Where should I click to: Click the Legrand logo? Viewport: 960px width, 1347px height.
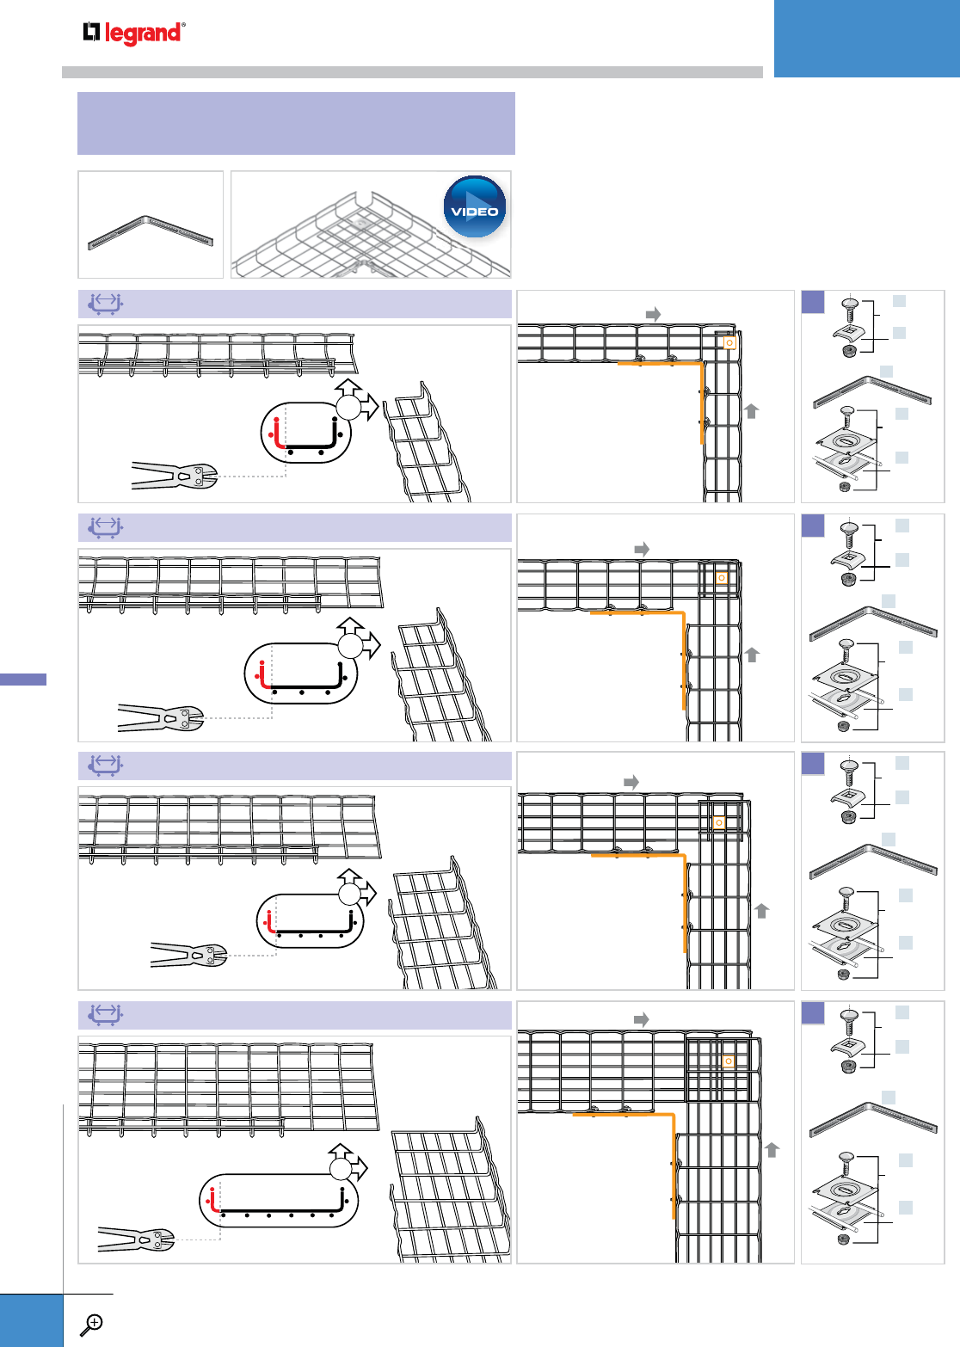(133, 33)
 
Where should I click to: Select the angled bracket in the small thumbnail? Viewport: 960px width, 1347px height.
(150, 232)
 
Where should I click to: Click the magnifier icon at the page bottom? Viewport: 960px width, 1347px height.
(91, 1325)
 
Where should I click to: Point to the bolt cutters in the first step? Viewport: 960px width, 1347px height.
(172, 476)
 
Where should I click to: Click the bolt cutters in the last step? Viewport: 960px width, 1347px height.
(136, 1239)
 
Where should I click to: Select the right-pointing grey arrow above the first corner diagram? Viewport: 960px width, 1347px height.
(653, 314)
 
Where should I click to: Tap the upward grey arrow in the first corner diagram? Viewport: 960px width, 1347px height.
(752, 410)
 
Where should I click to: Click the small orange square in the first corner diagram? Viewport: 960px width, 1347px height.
(729, 342)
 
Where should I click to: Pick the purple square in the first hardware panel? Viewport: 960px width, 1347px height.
(813, 302)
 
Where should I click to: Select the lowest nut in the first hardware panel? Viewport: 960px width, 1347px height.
(844, 487)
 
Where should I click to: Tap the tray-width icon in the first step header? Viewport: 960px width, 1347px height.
(105, 304)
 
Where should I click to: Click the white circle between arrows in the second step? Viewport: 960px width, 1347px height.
(350, 646)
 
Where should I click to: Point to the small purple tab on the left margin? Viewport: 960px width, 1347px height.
(23, 680)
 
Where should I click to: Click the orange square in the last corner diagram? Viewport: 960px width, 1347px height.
(729, 1061)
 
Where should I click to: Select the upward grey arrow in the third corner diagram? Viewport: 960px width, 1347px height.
(761, 910)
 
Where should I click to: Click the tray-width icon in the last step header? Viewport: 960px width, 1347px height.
(105, 1015)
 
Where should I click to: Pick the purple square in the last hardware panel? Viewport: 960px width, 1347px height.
(813, 1013)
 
